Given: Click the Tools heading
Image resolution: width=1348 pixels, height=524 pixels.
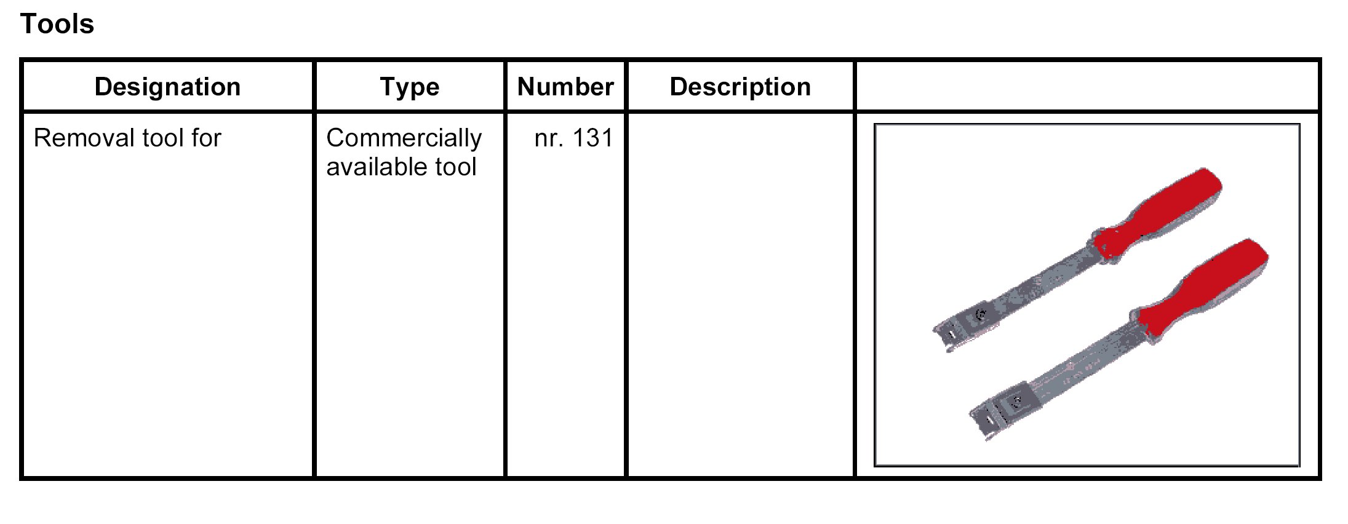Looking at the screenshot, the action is pyautogui.click(x=57, y=25).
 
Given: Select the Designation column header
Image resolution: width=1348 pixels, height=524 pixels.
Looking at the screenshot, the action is pyautogui.click(x=167, y=87).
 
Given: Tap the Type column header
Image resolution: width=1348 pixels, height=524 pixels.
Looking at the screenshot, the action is pyautogui.click(x=410, y=87).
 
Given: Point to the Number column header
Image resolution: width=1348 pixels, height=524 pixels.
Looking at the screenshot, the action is pyautogui.click(x=565, y=87).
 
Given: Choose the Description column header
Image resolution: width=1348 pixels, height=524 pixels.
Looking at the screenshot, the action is pyautogui.click(x=740, y=87).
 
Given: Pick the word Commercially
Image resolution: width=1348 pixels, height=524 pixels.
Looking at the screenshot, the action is pyautogui.click(x=404, y=138).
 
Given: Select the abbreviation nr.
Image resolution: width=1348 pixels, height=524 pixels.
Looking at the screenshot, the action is pyautogui.click(x=548, y=138).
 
